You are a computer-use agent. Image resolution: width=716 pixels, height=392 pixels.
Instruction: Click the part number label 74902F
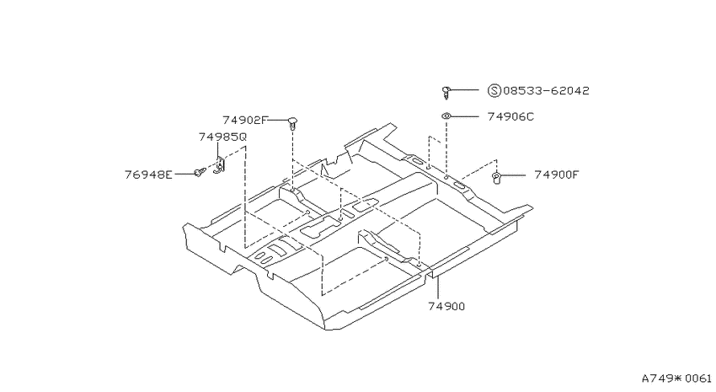coord(244,121)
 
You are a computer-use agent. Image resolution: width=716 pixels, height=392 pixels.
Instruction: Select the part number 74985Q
coord(222,137)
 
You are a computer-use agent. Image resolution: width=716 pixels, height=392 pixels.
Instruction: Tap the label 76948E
coord(149,175)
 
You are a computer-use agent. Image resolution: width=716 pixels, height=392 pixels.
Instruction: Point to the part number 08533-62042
coord(546,90)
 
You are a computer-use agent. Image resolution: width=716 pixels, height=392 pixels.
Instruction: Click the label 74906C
coord(510,116)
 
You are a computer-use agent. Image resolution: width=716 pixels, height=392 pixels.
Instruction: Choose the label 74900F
coord(556,175)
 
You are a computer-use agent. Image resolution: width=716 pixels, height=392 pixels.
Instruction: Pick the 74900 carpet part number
coord(446,307)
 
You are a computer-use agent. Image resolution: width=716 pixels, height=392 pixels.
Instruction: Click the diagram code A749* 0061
coord(676,379)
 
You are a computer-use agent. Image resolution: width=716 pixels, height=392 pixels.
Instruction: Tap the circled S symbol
coord(494,90)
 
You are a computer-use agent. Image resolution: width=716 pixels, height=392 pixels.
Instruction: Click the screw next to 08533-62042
coord(446,92)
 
